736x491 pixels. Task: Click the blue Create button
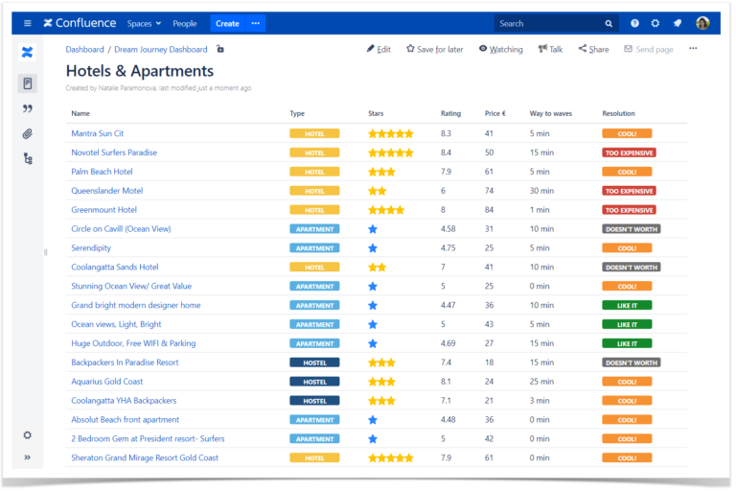coord(227,23)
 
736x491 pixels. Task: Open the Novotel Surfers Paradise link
coord(114,152)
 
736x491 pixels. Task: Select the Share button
coord(593,49)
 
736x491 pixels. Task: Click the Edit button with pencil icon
coord(379,49)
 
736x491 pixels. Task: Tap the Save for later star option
coord(434,49)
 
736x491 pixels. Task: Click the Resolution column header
coord(618,113)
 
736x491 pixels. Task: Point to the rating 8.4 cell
coord(447,152)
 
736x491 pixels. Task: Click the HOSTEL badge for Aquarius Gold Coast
coord(314,382)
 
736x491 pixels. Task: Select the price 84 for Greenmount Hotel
coord(489,210)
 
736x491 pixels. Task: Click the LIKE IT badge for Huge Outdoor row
coord(627,343)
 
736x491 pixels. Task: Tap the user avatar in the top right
coord(702,23)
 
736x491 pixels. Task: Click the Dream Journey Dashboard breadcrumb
coord(160,49)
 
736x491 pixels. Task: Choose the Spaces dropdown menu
coord(143,23)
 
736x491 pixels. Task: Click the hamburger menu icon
coord(27,23)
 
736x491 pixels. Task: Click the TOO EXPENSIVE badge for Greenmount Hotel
coord(629,210)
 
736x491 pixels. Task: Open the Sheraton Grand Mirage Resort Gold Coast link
coord(145,457)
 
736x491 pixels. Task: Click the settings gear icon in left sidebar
coord(28,434)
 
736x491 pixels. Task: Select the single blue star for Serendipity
coord(373,248)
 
